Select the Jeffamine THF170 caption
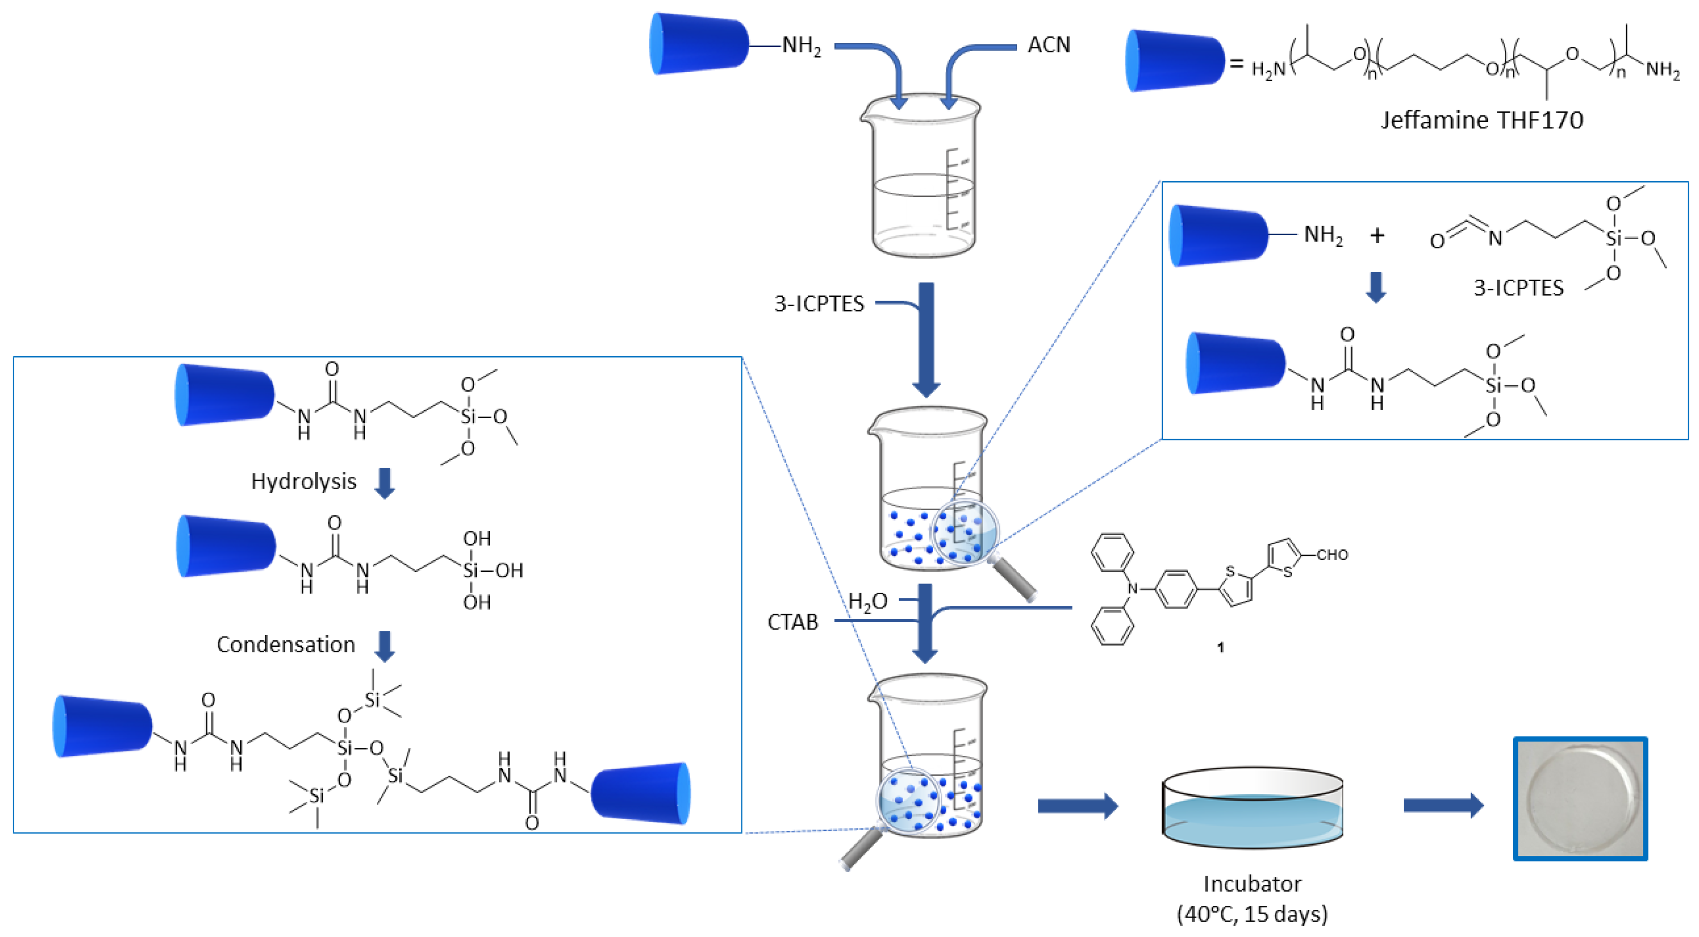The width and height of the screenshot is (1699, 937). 1481,120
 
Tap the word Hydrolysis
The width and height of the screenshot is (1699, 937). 303,481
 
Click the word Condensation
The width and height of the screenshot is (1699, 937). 286,644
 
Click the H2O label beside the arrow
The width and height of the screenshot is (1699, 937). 867,601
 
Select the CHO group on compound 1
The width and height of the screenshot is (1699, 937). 1332,555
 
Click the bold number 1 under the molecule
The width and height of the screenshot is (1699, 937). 1220,647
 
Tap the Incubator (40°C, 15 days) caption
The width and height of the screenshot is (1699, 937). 1252,898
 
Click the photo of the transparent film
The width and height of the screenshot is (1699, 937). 1580,798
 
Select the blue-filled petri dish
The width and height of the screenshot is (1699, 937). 1252,808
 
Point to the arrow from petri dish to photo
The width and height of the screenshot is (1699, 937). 1443,805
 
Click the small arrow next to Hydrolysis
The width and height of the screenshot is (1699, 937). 384,483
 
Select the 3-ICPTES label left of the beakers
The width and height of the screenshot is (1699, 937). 818,303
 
